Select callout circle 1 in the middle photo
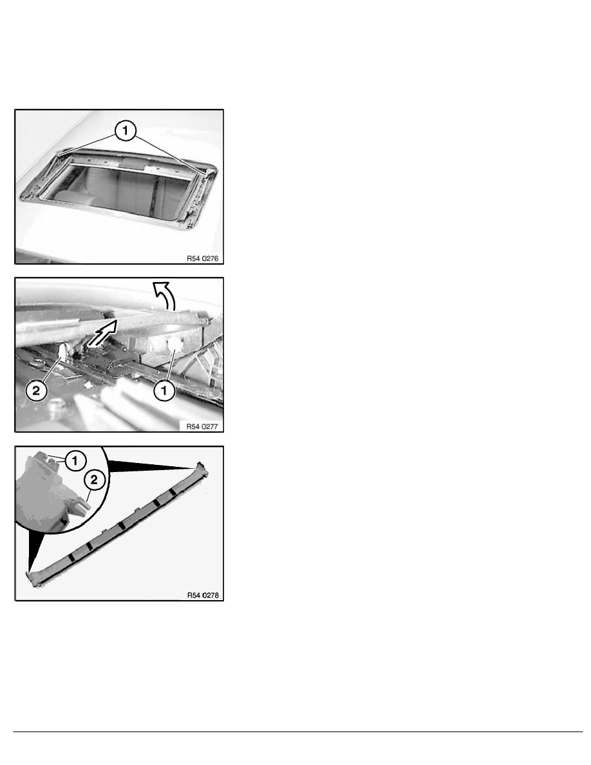pos(164,390)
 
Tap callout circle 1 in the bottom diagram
pos(75,460)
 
